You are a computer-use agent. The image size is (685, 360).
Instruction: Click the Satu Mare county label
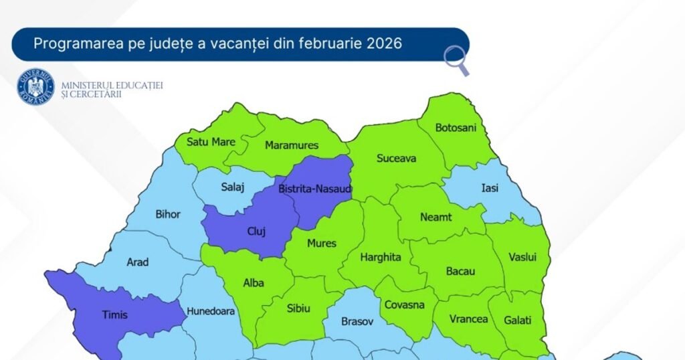pos(211,142)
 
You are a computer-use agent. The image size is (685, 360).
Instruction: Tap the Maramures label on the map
pos(292,145)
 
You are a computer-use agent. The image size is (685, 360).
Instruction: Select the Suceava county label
pos(396,159)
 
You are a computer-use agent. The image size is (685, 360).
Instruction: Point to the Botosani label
pos(456,128)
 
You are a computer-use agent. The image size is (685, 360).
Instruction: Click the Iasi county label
pos(490,188)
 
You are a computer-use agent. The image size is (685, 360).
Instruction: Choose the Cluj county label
pos(256,232)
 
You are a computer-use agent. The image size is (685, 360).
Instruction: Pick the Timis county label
pos(114,314)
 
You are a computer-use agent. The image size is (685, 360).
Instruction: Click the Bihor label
pos(167,215)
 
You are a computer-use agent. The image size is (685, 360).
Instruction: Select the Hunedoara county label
pos(211,311)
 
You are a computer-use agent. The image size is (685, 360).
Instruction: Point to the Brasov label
pos(357,321)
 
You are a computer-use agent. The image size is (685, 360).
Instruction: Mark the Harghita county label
pos(381,257)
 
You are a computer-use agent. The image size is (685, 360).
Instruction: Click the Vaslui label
pos(522,257)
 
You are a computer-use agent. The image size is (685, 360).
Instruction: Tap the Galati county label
pos(518,321)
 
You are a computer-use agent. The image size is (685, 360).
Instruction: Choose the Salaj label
pos(233,188)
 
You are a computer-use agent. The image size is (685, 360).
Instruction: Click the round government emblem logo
pos(35,87)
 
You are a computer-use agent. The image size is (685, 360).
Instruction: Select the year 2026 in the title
pos(384,44)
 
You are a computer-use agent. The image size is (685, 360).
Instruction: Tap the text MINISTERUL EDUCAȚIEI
pos(112,86)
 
